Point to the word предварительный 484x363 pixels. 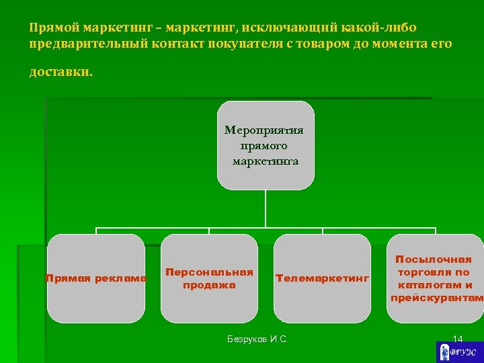point(79,44)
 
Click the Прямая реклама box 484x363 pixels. point(96,278)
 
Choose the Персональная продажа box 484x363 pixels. point(209,278)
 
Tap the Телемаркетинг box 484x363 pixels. point(322,278)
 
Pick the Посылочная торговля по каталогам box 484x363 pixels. point(434,278)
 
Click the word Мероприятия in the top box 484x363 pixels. point(264,130)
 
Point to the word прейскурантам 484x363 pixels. point(437,298)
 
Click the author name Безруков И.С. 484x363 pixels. point(257,339)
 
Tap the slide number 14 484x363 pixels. point(458,339)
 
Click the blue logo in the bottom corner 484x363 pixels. point(459,352)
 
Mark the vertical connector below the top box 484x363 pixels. point(266,208)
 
